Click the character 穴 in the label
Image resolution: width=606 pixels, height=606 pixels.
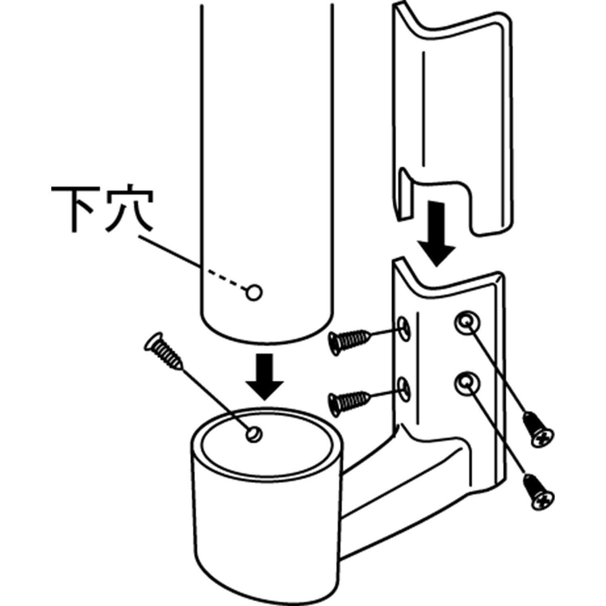click(129, 208)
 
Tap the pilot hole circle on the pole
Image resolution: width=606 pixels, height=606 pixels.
click(254, 292)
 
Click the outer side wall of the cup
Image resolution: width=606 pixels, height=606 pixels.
click(267, 525)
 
